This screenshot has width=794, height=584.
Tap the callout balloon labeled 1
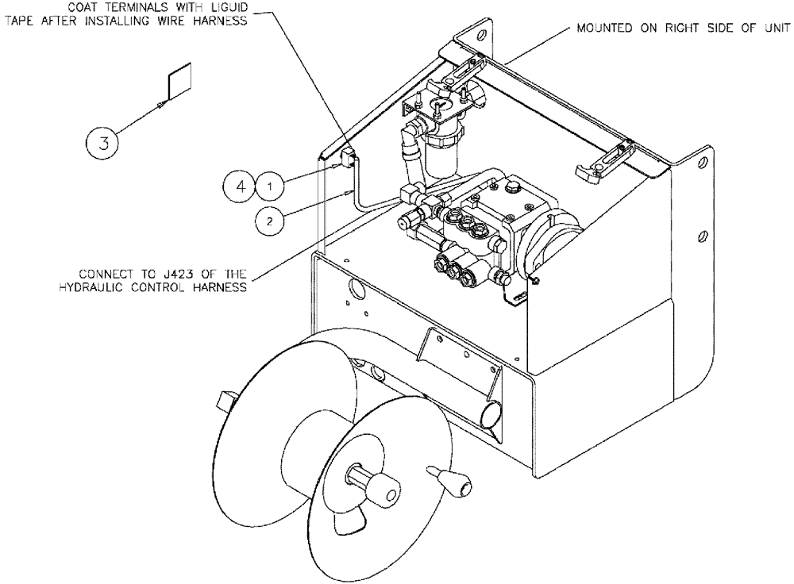point(270,186)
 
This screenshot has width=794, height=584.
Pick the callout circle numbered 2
point(270,221)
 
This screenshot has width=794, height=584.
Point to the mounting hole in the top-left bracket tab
point(479,36)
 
